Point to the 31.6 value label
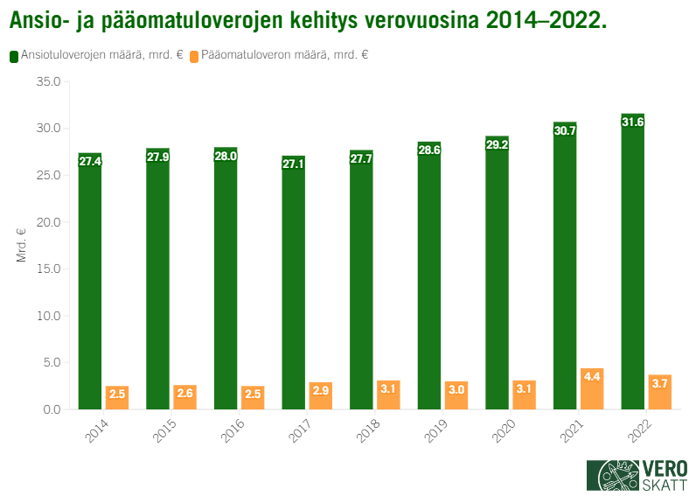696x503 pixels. [x=632, y=122]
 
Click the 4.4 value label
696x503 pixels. [x=592, y=376]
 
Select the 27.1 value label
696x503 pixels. [x=294, y=163]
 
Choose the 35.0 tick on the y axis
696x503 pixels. [x=47, y=82]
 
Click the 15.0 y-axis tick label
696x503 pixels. [x=47, y=269]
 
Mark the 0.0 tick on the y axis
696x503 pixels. [x=50, y=409]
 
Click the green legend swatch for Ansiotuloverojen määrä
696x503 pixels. [x=14, y=55]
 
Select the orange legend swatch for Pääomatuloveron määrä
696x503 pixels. [x=194, y=55]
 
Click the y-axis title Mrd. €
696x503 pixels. [x=21, y=245]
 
